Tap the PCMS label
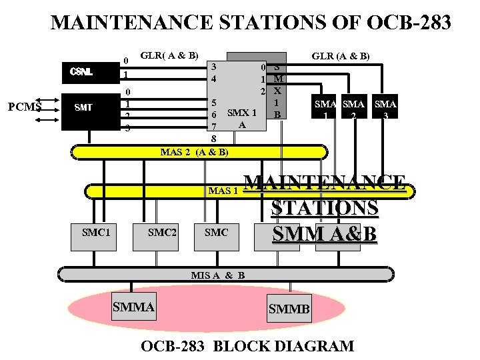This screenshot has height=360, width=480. [x=25, y=106]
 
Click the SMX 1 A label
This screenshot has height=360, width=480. [x=242, y=118]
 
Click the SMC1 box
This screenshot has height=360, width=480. [x=95, y=233]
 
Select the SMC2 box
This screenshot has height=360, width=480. [x=162, y=233]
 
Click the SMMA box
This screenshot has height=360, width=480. [x=134, y=307]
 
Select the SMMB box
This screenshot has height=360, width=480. [x=289, y=309]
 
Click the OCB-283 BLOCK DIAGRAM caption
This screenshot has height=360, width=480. [x=247, y=346]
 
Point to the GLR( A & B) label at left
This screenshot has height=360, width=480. [x=169, y=55]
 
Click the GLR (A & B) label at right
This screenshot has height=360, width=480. [x=341, y=57]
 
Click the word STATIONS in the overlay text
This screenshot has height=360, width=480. [x=325, y=207]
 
